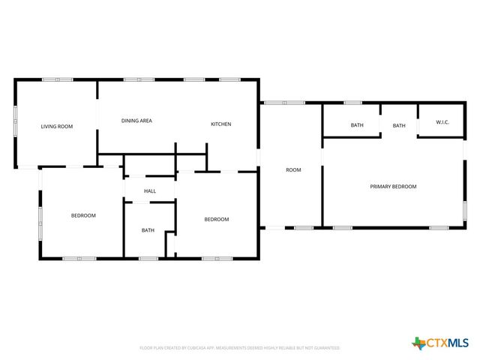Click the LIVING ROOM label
(57, 127)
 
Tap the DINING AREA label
(137, 120)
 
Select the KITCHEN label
(220, 124)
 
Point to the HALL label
(150, 191)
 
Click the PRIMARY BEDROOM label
(393, 186)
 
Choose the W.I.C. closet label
(442, 125)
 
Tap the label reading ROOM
(293, 170)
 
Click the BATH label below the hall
(148, 229)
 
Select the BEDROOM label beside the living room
(83, 215)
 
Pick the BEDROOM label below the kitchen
(217, 219)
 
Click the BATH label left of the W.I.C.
(399, 125)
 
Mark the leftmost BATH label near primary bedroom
(357, 125)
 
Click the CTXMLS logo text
(448, 343)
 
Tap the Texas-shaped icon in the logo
(418, 343)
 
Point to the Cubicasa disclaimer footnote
(240, 348)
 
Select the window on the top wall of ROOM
(283, 103)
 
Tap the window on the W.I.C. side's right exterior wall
(464, 150)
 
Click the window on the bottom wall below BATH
(148, 259)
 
